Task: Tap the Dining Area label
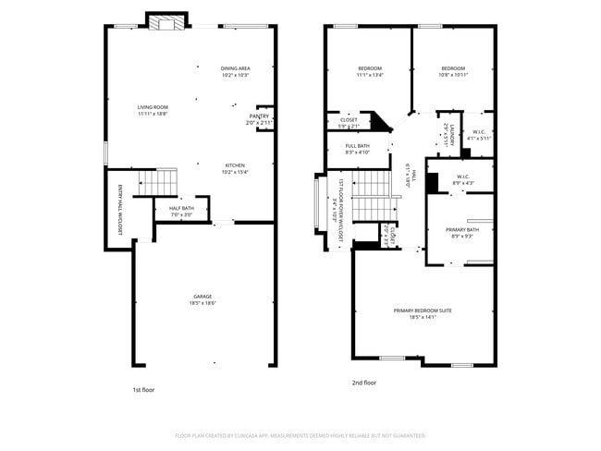[x=235, y=71]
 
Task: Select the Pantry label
[x=259, y=119]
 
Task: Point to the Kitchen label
[x=235, y=168]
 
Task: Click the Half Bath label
[x=181, y=211]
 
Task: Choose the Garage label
[x=202, y=299]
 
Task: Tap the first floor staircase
[x=156, y=183]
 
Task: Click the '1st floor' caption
[x=143, y=390]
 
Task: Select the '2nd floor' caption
[x=364, y=383]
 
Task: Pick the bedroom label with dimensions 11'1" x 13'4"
[x=370, y=71]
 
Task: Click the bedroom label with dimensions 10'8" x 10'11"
[x=452, y=71]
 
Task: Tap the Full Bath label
[x=358, y=149]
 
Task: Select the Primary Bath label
[x=460, y=232]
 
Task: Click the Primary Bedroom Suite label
[x=422, y=313]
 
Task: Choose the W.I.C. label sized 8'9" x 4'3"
[x=463, y=180]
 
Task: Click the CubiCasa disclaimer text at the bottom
[x=300, y=434]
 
